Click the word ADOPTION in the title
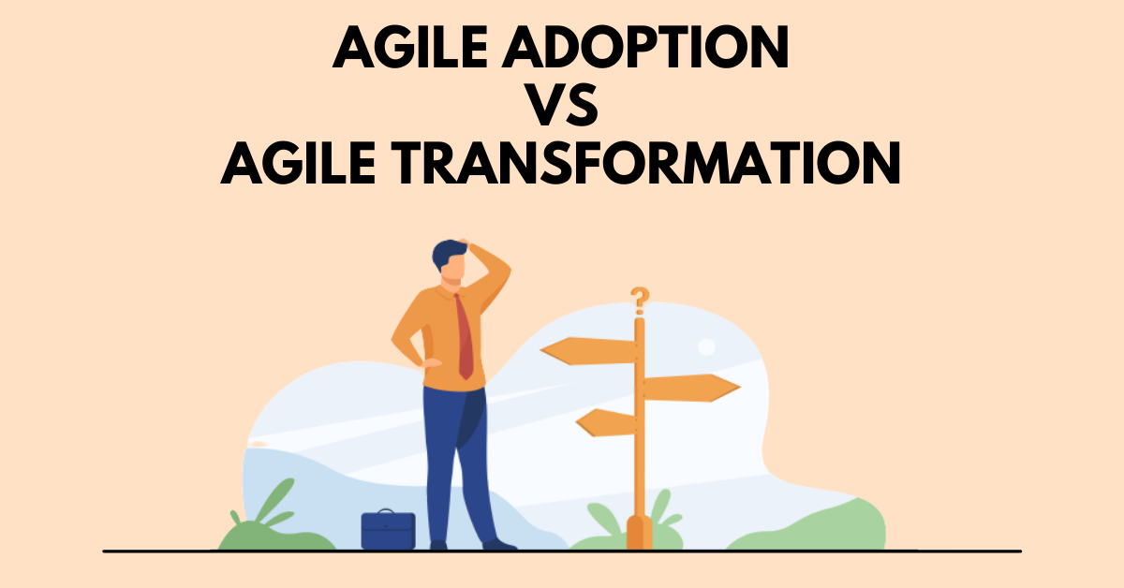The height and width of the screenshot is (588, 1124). pos(645,47)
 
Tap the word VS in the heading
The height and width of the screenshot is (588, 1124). pos(561,106)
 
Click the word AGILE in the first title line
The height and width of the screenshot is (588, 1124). pos(410,47)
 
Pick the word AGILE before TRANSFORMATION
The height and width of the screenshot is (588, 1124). pos(298,163)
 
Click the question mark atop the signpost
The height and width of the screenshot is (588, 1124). pos(640,301)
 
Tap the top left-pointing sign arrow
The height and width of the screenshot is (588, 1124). pos(588,351)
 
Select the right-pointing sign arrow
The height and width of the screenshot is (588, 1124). pos(691,388)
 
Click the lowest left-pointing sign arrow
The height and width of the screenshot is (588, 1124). pos(606,422)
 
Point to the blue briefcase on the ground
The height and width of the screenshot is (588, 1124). pos(388,530)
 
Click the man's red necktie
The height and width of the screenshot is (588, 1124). pos(465,337)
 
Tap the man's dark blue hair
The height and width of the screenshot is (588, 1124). pos(448,254)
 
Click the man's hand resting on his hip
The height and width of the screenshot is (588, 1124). pos(431,362)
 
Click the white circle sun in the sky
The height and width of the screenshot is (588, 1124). pos(706,346)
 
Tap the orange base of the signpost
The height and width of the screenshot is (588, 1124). pos(639,533)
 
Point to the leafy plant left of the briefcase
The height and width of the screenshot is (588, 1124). pos(271,517)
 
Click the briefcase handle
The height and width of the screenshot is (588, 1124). pos(386,511)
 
